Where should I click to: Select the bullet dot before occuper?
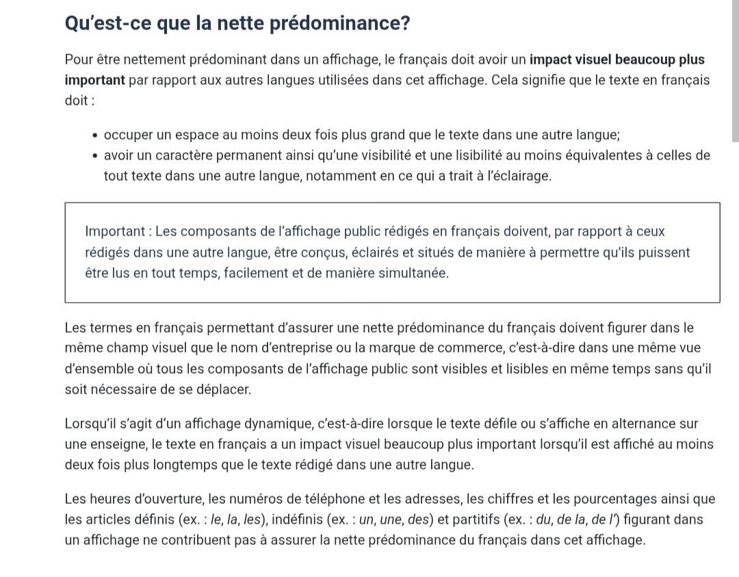(x=96, y=135)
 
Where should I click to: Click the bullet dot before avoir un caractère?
(x=96, y=155)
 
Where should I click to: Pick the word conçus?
(x=321, y=253)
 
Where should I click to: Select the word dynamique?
(x=268, y=424)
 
